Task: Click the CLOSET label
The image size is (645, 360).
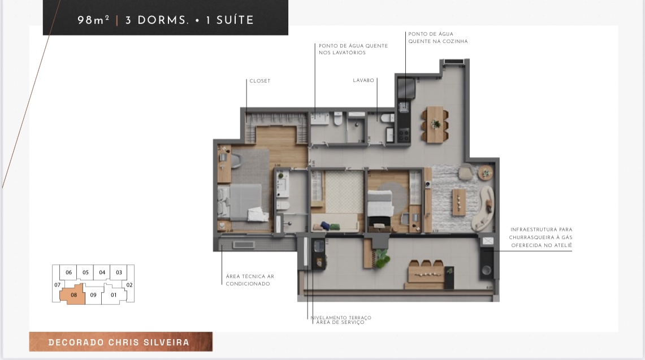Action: (x=260, y=81)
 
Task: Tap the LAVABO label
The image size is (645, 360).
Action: (x=363, y=81)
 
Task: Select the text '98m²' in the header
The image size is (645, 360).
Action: (x=93, y=20)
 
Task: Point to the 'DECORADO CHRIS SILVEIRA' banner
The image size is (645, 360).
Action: (x=120, y=342)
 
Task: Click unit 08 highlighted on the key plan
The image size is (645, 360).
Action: (x=74, y=294)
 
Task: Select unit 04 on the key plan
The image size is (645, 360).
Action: (x=102, y=272)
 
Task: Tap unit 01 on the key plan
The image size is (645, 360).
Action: (x=114, y=294)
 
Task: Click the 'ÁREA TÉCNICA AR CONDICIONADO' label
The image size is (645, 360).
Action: (x=250, y=280)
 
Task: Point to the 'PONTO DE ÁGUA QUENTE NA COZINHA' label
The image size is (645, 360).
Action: (x=438, y=38)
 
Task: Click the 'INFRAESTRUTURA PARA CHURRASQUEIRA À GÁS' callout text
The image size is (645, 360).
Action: (x=541, y=237)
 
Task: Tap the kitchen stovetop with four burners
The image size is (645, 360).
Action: (x=404, y=135)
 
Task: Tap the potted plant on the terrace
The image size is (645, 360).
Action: (x=382, y=258)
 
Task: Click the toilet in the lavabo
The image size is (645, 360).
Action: (x=387, y=118)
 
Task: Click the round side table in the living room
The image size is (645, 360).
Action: (x=485, y=172)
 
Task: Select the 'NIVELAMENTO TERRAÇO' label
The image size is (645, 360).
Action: (x=341, y=318)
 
